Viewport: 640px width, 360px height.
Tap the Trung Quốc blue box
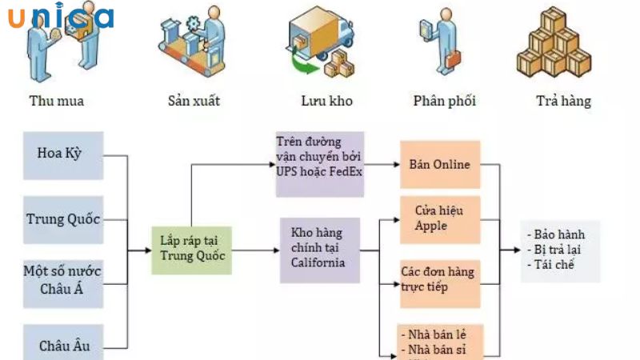(x=63, y=218)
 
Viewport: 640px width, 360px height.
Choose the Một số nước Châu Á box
(x=63, y=280)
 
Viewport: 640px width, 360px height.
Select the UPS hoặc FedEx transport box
(x=320, y=165)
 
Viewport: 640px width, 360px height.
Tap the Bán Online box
(x=440, y=165)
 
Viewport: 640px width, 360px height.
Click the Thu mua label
(x=56, y=102)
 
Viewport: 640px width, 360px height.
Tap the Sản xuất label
(x=194, y=102)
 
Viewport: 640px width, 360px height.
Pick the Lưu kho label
(x=326, y=102)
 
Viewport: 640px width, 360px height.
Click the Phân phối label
(x=444, y=102)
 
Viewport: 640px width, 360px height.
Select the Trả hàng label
(x=563, y=102)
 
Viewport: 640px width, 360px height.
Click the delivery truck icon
(x=320, y=44)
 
